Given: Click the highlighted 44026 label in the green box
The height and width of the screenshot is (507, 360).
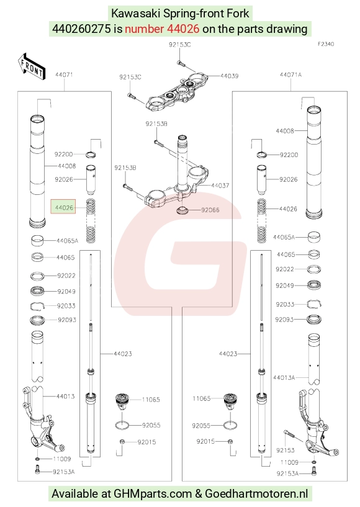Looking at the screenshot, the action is tap(64, 207).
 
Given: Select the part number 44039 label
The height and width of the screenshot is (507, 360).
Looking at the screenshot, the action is tap(229, 76).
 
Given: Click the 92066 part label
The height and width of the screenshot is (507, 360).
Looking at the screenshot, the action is tap(210, 210).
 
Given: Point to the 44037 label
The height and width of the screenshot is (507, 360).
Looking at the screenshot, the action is tap(220, 186).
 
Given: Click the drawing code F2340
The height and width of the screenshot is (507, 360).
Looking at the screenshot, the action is tap(326, 44).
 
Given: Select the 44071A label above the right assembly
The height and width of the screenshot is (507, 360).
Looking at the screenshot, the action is tap(290, 74).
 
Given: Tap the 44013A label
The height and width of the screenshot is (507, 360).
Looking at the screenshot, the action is tap(284, 377).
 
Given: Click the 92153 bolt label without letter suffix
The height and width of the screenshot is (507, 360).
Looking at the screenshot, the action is tap(286, 450).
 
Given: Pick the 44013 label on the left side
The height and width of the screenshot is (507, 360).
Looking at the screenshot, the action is tap(65, 396).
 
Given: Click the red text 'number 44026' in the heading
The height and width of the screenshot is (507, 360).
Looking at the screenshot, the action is tap(162, 29).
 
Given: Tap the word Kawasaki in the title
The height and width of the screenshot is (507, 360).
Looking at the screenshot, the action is tap(136, 14).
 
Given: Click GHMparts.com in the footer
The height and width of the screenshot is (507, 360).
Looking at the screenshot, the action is tap(152, 494).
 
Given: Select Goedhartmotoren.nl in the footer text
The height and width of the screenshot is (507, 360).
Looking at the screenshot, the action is tap(256, 494).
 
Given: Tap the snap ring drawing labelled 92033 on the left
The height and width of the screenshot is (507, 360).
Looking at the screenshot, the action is tap(38, 305).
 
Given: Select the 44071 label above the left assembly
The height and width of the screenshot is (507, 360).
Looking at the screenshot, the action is tap(64, 74).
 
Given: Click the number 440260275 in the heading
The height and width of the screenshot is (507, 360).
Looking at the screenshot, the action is tap(81, 29).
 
